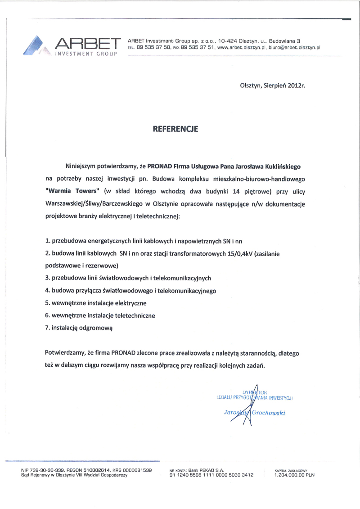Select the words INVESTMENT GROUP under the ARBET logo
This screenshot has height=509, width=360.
(85, 54)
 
